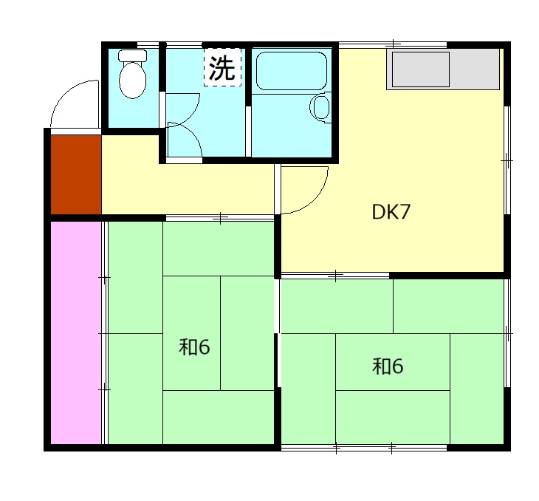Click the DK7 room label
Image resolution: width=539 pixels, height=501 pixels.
[x=391, y=211]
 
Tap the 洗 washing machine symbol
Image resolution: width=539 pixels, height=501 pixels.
[x=222, y=67]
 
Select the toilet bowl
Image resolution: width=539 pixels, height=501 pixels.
[x=133, y=80]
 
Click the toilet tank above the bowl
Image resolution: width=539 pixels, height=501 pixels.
[x=133, y=55]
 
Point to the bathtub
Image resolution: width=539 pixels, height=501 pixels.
[x=292, y=71]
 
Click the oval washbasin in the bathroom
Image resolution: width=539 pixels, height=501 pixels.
[x=320, y=107]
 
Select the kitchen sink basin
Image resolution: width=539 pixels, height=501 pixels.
[x=421, y=69]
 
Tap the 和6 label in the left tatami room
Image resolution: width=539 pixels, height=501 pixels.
[x=194, y=347]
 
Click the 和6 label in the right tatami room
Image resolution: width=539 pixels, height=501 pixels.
[x=388, y=366]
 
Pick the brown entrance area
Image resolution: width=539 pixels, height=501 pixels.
[x=76, y=174]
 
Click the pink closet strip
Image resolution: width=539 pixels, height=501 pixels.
[x=76, y=333]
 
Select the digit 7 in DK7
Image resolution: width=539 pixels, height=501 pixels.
[x=405, y=211]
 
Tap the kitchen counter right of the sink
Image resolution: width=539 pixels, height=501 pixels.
[x=475, y=69]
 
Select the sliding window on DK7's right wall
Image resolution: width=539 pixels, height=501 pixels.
[x=507, y=160]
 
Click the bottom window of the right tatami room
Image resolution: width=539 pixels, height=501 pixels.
[x=364, y=448]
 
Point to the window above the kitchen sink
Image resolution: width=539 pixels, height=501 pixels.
[x=393, y=45]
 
